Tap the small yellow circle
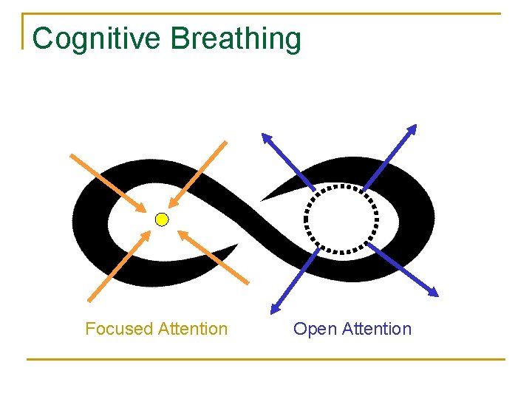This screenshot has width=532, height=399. (x=162, y=219)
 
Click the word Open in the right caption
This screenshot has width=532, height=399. (x=315, y=329)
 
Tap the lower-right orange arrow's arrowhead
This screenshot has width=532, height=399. (x=182, y=236)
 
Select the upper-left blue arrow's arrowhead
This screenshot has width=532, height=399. (x=267, y=137)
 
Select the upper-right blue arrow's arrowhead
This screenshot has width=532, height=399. (x=412, y=129)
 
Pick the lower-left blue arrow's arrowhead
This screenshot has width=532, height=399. (x=275, y=308)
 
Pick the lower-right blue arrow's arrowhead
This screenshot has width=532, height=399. (x=434, y=292)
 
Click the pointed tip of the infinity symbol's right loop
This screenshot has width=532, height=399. (x=263, y=199)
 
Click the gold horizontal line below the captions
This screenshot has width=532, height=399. (x=266, y=360)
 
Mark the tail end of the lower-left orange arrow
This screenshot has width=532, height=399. (x=89, y=301)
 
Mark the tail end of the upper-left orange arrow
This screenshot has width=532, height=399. (x=71, y=155)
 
